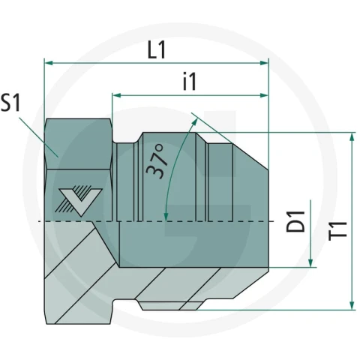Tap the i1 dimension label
(190, 81)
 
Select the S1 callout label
(10, 102)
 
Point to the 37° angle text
(156, 161)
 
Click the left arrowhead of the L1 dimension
(49, 63)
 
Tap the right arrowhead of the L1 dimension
(264, 63)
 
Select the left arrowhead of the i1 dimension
(117, 95)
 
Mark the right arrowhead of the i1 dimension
(264, 95)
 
